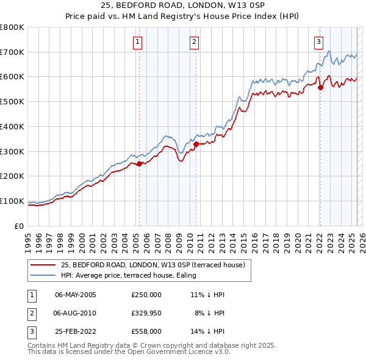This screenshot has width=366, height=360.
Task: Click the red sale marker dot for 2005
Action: [x=139, y=164]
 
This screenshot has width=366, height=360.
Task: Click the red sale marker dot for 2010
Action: [x=196, y=144]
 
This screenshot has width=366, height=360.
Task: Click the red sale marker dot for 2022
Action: [x=320, y=87]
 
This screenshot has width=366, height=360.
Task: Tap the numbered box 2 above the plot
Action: [x=194, y=42]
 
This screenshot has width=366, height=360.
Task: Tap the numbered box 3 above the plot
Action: [x=318, y=42]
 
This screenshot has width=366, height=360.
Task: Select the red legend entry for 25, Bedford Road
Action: [x=152, y=265]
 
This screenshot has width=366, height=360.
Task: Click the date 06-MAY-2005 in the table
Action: [x=76, y=295]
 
